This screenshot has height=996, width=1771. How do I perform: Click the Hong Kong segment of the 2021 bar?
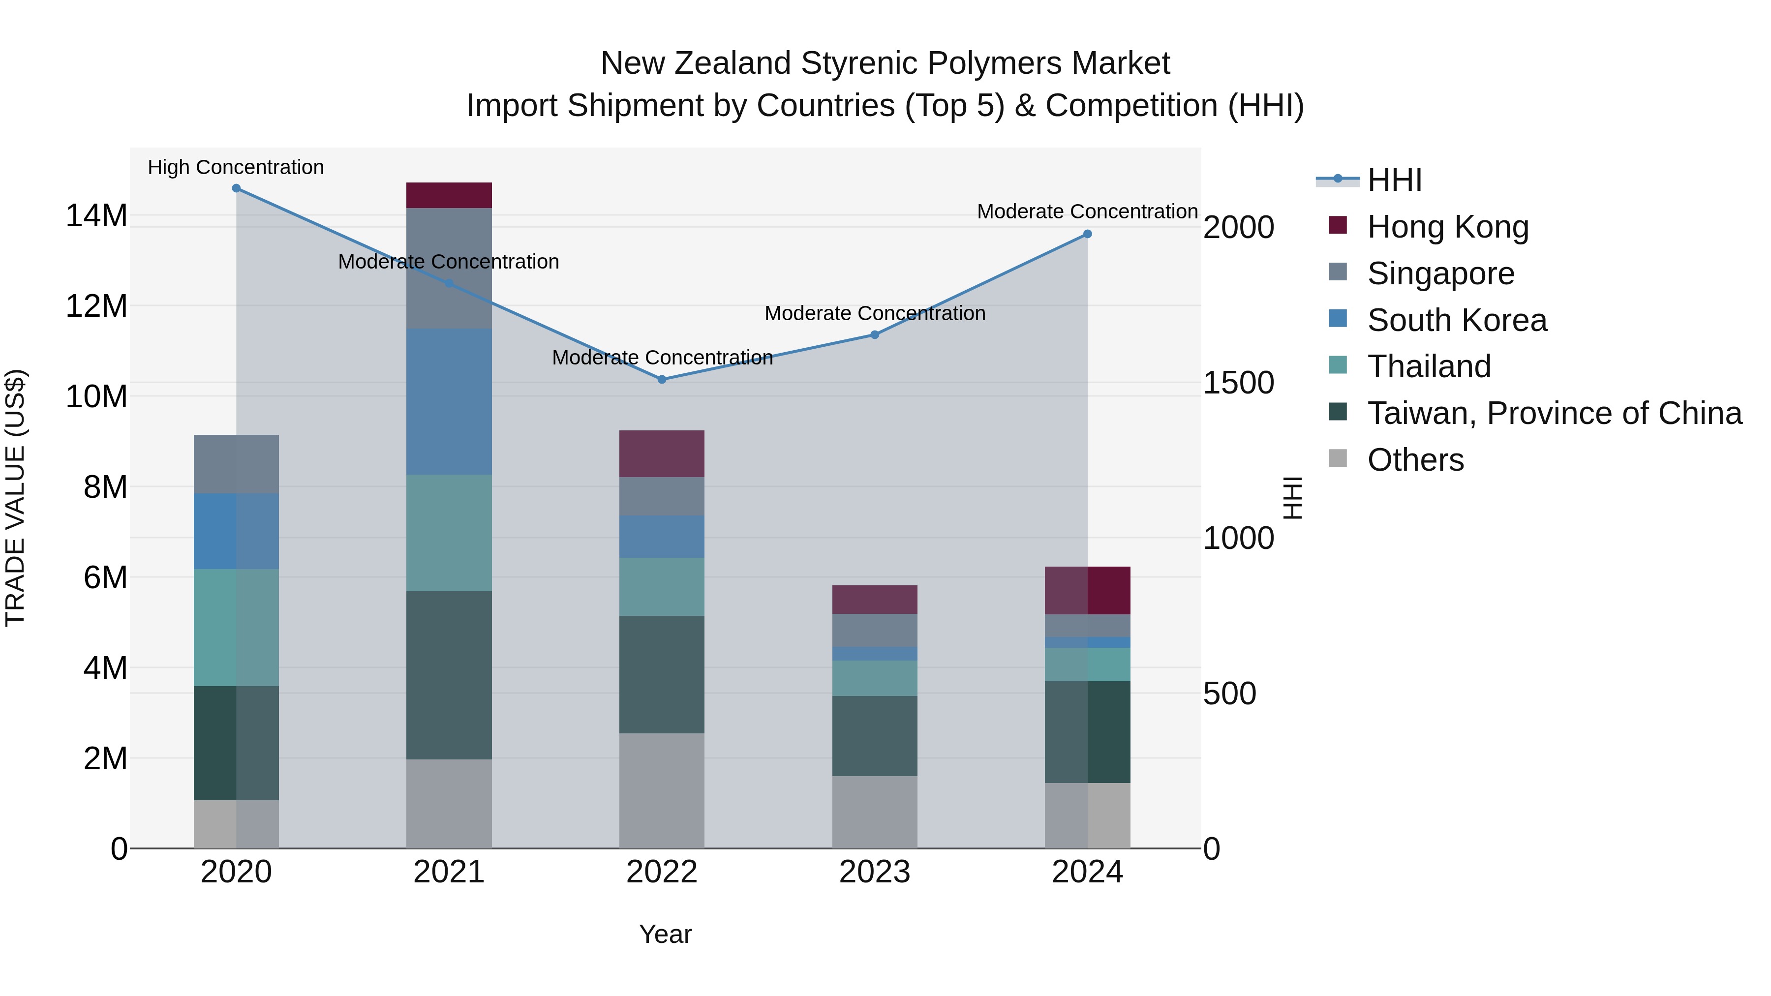click(x=449, y=195)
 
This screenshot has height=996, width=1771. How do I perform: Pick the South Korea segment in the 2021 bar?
click(x=449, y=401)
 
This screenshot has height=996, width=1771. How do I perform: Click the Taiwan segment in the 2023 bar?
click(x=875, y=736)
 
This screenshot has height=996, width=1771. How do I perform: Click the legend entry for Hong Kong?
click(x=1447, y=227)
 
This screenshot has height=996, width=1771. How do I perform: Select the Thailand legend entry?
click(x=1429, y=366)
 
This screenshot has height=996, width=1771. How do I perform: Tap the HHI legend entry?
click(x=1394, y=180)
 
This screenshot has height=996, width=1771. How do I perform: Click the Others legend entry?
click(x=1415, y=460)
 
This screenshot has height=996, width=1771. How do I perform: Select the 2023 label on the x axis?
click(x=875, y=872)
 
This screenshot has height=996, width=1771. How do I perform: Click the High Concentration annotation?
click(x=236, y=168)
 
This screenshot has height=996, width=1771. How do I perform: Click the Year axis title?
click(x=665, y=934)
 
